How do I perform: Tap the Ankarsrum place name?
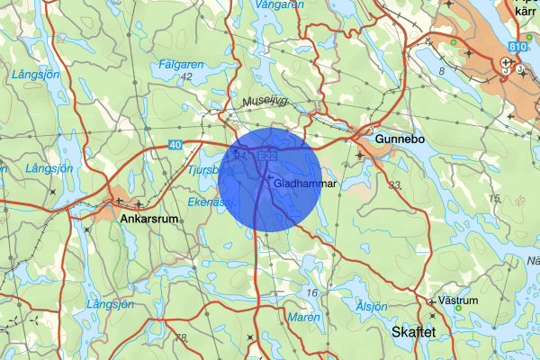click(148, 217)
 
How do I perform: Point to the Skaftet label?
click(414, 332)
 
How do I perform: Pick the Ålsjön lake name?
click(371, 306)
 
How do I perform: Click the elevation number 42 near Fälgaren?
click(186, 77)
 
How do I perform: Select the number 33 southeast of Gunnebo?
click(394, 184)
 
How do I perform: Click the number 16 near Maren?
click(312, 293)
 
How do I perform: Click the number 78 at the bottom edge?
click(182, 337)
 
